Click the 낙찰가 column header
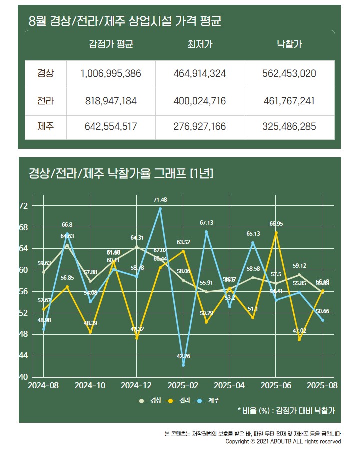pyautogui.click(x=289, y=44)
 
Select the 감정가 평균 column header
pyautogui.click(x=111, y=44)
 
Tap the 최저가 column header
pyautogui.click(x=200, y=44)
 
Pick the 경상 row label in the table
pyautogui.click(x=45, y=74)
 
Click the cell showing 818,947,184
pyautogui.click(x=111, y=101)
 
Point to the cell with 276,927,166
pyautogui.click(x=200, y=127)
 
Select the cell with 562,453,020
pyautogui.click(x=289, y=74)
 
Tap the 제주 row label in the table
pyautogui.click(x=45, y=127)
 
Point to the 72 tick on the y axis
pyautogui.click(x=23, y=206)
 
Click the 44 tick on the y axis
pyautogui.click(x=23, y=355)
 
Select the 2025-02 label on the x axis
pyautogui.click(x=183, y=385)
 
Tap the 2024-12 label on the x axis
pyautogui.click(x=137, y=385)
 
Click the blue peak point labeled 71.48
pyautogui.click(x=160, y=209)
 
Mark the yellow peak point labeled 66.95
pyautogui.click(x=276, y=233)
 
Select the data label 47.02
pyautogui.click(x=300, y=331)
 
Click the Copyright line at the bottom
pyautogui.click(x=283, y=442)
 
